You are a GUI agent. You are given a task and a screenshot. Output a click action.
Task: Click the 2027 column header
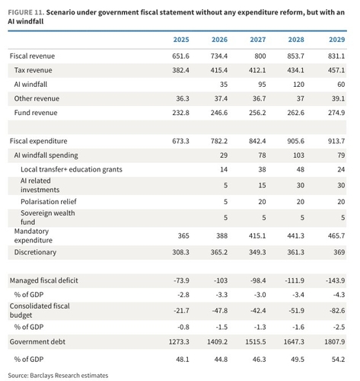pyautogui.click(x=258, y=40)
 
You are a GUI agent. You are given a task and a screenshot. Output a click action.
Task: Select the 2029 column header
pyautogui.click(x=337, y=40)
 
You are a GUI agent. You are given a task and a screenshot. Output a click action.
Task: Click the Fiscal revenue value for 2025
pyautogui.click(x=180, y=56)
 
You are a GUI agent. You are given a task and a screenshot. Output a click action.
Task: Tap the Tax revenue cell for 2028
pyautogui.click(x=295, y=70)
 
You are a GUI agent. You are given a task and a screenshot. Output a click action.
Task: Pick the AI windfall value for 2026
pyautogui.click(x=224, y=85)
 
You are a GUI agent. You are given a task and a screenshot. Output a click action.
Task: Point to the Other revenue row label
pyautogui.click(x=37, y=98)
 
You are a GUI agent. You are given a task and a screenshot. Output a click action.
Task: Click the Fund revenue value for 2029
pyautogui.click(x=336, y=113)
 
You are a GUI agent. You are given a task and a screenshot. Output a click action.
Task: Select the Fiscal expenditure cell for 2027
pyautogui.click(x=257, y=141)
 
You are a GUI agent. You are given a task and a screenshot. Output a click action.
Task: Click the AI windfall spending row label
pyautogui.click(x=46, y=155)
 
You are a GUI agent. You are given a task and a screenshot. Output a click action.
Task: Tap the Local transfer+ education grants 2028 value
pyautogui.click(x=301, y=169)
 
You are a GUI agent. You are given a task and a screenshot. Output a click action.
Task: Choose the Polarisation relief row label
pyautogui.click(x=49, y=202)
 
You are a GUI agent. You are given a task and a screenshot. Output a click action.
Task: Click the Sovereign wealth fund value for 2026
pyautogui.click(x=225, y=218)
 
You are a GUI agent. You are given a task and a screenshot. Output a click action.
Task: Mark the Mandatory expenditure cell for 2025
pyautogui.click(x=183, y=236)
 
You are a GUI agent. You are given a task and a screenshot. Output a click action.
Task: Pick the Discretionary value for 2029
pyautogui.click(x=339, y=252)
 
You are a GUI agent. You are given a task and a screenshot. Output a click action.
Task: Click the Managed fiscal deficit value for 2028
pyautogui.click(x=295, y=280)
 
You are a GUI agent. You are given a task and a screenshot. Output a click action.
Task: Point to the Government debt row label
pyautogui.click(x=37, y=342)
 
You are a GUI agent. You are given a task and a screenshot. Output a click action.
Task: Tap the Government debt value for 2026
pyautogui.click(x=217, y=342)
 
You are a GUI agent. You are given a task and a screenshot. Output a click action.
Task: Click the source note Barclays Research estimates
pyautogui.click(x=69, y=376)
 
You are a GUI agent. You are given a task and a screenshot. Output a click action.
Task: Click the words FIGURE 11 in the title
pyautogui.click(x=26, y=12)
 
